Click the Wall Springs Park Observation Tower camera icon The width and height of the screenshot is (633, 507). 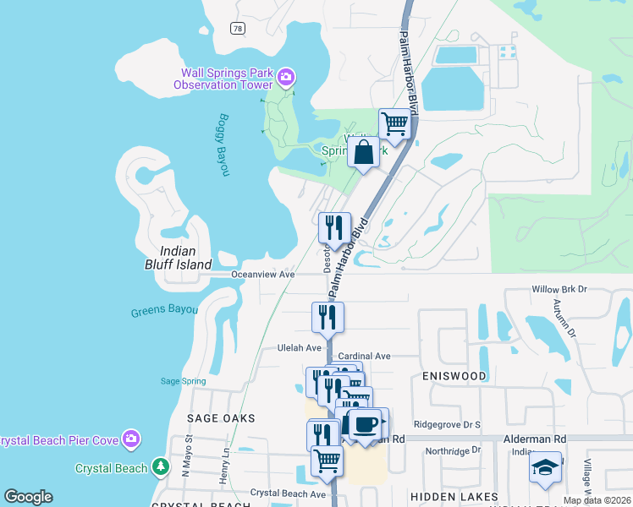click(286, 79)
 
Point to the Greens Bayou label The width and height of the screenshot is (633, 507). click(164, 311)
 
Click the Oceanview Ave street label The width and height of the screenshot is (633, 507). click(263, 275)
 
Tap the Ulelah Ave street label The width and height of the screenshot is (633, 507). click(300, 347)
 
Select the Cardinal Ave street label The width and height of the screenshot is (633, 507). click(364, 357)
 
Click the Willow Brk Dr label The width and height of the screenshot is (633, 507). click(559, 289)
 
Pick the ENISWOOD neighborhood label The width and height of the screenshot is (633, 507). click(454, 375)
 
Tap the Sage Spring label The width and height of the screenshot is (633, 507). click(182, 381)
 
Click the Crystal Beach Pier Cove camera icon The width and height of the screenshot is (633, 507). click(131, 439)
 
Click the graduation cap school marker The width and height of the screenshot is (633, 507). click(545, 466)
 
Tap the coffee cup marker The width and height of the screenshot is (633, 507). click(366, 423)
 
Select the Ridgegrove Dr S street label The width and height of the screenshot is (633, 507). click(447, 424)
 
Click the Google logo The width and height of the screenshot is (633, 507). click(28, 497)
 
